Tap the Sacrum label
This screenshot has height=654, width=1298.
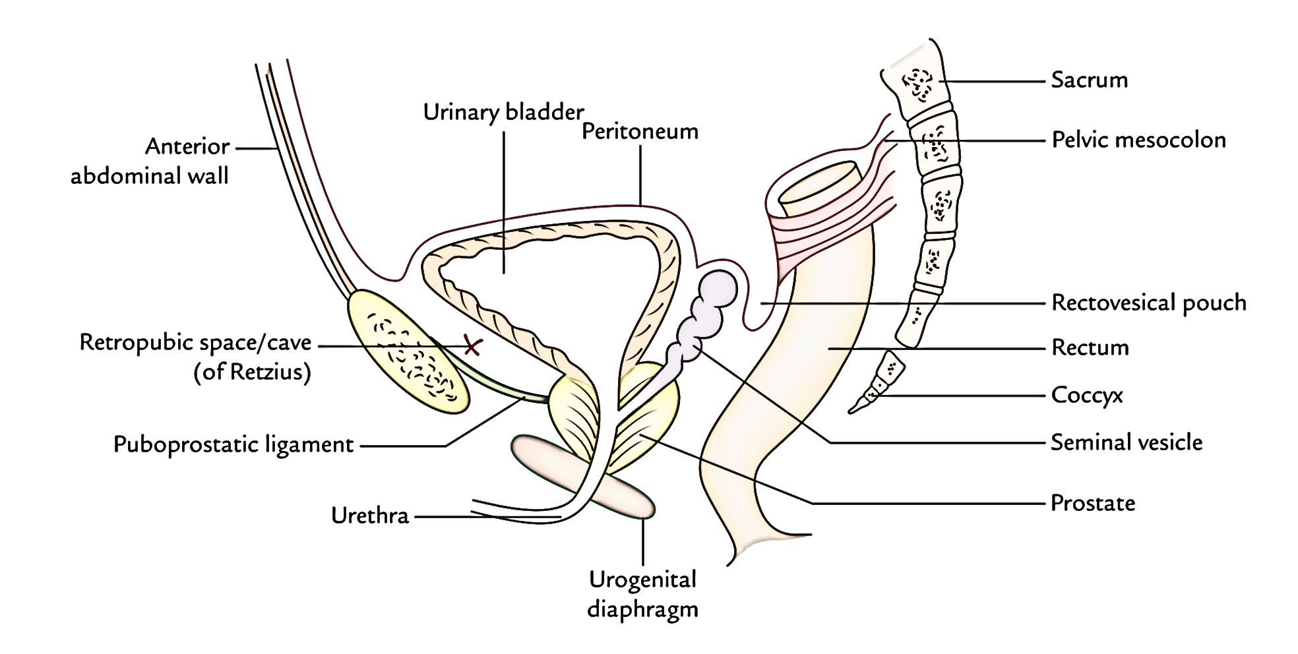tap(1089, 80)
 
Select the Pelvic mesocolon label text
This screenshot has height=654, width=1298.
tap(1138, 140)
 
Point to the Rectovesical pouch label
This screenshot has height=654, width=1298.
tap(1148, 303)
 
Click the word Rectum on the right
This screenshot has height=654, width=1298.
tap(1090, 347)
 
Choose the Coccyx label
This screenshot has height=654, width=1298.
tap(1087, 396)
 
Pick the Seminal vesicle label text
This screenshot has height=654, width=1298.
tap(1127, 442)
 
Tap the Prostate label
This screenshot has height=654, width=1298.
tap(1093, 503)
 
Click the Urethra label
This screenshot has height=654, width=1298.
tap(370, 515)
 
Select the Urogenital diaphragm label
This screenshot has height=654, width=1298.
tap(642, 594)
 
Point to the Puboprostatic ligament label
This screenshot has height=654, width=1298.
tap(233, 444)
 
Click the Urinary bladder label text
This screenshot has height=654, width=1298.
tap(504, 112)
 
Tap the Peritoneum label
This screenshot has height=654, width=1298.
tap(640, 131)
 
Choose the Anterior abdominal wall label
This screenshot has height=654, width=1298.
tap(150, 161)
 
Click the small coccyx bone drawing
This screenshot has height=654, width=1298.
tap(876, 382)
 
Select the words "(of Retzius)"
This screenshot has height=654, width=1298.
tap(252, 373)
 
